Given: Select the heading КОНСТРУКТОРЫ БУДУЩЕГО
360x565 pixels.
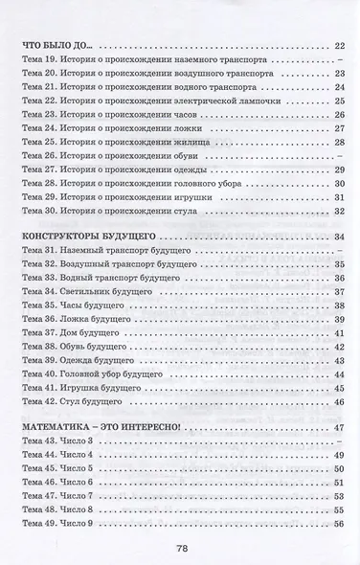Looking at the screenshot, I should pyautogui.click(x=100, y=235).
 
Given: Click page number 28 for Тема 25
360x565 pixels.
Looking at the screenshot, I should pyautogui.click(x=339, y=141).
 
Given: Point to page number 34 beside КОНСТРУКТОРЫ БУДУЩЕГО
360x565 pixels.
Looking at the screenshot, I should pyautogui.click(x=339, y=235).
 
